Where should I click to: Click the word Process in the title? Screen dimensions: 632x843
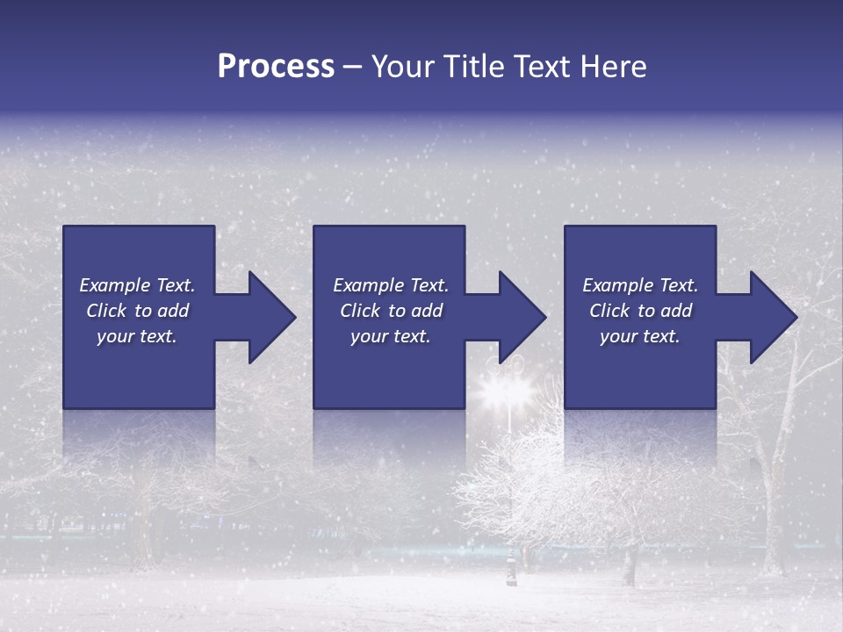276,67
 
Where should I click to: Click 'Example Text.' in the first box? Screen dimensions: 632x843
138,285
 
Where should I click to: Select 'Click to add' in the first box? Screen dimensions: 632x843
138,311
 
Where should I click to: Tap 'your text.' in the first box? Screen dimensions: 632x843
138,336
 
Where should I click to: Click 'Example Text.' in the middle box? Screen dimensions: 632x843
391,285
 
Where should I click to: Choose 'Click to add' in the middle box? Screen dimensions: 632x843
391,311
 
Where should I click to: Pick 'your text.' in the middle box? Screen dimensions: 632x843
391,336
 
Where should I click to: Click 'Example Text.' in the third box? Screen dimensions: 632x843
640,285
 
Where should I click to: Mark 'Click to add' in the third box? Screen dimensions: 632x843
640,311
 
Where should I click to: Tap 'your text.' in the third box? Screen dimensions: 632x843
640,336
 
